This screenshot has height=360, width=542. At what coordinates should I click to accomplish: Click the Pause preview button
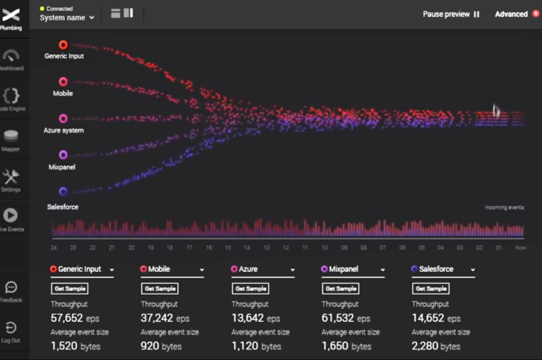451,14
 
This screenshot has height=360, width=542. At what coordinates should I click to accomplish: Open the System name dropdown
67,18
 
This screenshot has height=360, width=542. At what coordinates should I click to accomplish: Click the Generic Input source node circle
64,45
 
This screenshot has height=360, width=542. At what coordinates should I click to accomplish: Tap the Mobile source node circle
64,82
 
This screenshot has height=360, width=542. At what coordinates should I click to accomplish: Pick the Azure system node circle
64,119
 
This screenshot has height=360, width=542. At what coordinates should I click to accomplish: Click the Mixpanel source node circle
64,155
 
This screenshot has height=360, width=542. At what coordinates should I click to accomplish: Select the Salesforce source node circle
64,191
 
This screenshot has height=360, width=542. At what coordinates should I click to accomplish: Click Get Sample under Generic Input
69,289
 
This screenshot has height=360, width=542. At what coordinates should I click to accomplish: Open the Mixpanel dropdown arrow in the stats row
383,270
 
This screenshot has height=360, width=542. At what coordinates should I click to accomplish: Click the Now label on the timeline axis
519,248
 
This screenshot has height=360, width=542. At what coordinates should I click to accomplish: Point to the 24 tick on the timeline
54,248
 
